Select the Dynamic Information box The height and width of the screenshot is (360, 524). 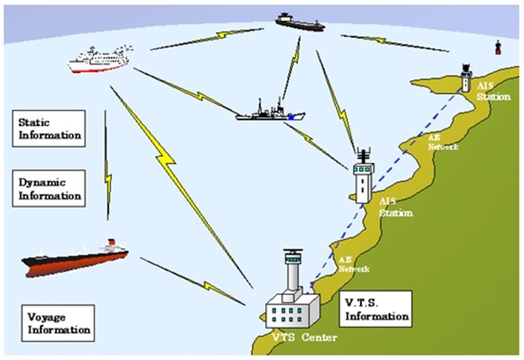point(49,188)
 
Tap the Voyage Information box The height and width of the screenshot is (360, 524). point(58,323)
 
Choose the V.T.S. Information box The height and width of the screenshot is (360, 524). point(376,309)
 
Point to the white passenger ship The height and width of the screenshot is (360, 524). point(98,61)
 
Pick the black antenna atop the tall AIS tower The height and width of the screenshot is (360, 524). point(363,156)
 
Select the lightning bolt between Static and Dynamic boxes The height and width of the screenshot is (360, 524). point(107,169)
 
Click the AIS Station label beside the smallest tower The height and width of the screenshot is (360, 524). point(493,91)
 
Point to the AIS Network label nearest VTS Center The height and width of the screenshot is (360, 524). point(354,264)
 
